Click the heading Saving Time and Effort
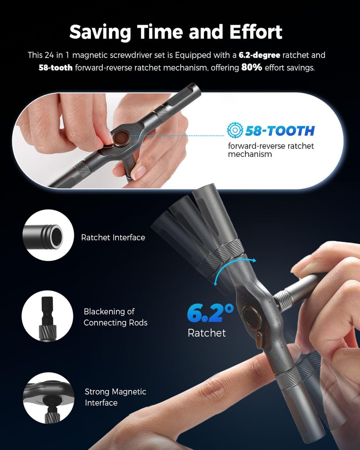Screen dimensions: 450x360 pos(176,32)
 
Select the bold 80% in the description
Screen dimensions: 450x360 pos(251,68)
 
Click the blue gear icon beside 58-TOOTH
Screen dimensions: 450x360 pos(235,130)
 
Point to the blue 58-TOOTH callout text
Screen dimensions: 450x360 pos(280,131)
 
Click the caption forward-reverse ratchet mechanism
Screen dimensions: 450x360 pos(271,150)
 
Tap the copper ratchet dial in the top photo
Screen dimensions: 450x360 pos(120,138)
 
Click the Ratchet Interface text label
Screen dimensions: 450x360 pos(113,238)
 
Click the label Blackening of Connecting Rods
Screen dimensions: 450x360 pos(116,317)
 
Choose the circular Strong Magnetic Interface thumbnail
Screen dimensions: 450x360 pos(48,398)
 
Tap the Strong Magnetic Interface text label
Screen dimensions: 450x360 pos(115,397)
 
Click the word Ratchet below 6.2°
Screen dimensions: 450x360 pos(207,333)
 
